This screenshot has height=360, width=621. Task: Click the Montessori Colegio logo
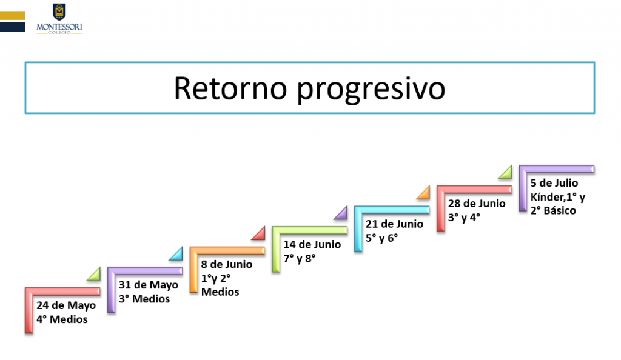(x=59, y=19)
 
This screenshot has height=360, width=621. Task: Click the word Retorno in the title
(x=230, y=88)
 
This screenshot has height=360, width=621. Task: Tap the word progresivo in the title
(x=372, y=90)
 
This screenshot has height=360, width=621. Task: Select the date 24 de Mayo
(x=66, y=305)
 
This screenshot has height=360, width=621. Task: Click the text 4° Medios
(x=62, y=319)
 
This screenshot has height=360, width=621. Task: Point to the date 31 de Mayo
(x=149, y=285)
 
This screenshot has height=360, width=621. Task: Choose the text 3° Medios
(x=144, y=299)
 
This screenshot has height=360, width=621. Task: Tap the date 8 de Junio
(x=227, y=264)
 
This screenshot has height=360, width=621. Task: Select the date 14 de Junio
(x=312, y=244)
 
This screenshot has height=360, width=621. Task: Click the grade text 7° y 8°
(x=300, y=258)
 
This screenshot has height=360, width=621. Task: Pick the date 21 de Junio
(x=394, y=224)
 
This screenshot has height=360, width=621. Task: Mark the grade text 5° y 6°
(x=382, y=238)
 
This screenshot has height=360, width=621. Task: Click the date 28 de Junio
(x=477, y=204)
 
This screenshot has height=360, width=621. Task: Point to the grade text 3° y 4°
(x=464, y=217)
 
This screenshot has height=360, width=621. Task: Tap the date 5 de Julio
(x=554, y=183)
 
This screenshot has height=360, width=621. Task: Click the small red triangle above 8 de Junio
(x=260, y=234)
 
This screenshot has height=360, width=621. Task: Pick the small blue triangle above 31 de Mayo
(x=177, y=255)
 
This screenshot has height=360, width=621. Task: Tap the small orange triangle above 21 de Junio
(x=424, y=193)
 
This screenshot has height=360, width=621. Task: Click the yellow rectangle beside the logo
(x=12, y=15)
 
